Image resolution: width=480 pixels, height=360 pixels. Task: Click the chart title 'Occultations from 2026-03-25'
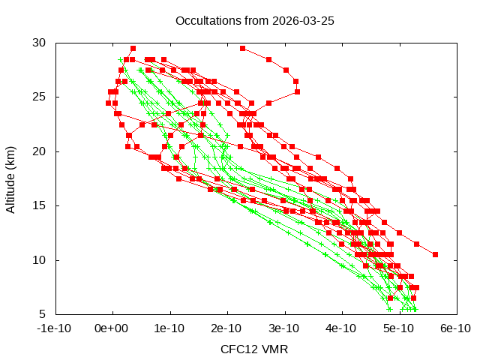pos(254,20)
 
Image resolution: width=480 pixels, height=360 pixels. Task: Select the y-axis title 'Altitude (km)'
pos(11,178)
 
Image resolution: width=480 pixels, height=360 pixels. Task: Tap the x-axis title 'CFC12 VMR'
pos(254,349)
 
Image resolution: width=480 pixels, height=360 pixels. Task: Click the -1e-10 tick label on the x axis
pos(55,328)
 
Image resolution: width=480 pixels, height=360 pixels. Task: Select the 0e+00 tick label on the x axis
pos(113,328)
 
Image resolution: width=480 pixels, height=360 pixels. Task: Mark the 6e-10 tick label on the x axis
pos(455,328)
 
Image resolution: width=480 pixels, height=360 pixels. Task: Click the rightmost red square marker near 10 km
pos(435,254)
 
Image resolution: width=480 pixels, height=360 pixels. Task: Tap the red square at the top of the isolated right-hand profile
pos(242,48)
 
